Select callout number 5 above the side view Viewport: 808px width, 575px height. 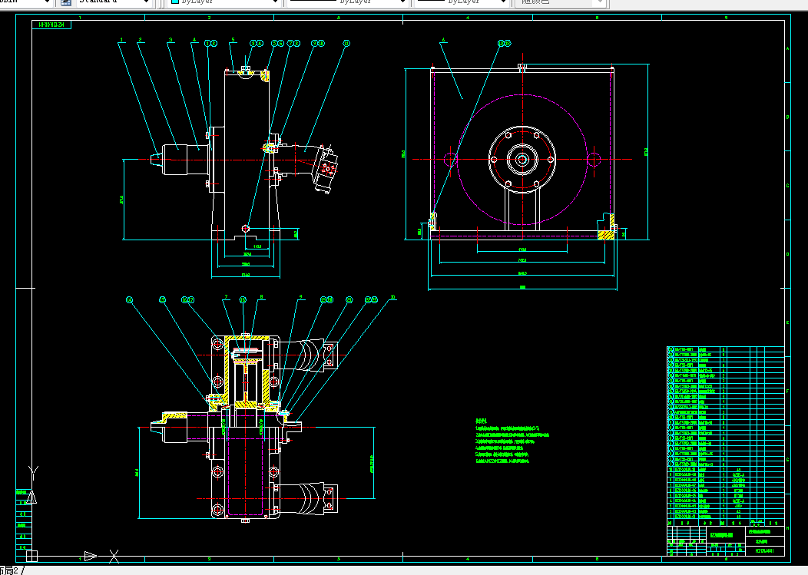point(233,40)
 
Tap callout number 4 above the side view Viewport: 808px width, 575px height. point(194,40)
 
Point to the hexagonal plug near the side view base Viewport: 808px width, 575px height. point(245,228)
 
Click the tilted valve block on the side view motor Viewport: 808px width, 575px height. point(330,168)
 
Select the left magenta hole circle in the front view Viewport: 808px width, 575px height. point(450,160)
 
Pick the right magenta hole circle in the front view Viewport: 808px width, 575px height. point(593,160)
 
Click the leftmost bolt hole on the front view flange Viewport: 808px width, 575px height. point(494,160)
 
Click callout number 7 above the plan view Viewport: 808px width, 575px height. point(226,297)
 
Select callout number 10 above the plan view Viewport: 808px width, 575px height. point(393,298)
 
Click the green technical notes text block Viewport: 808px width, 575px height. point(511,441)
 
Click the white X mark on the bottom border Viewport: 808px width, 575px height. point(114,556)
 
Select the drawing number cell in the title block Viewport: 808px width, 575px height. point(765,550)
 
